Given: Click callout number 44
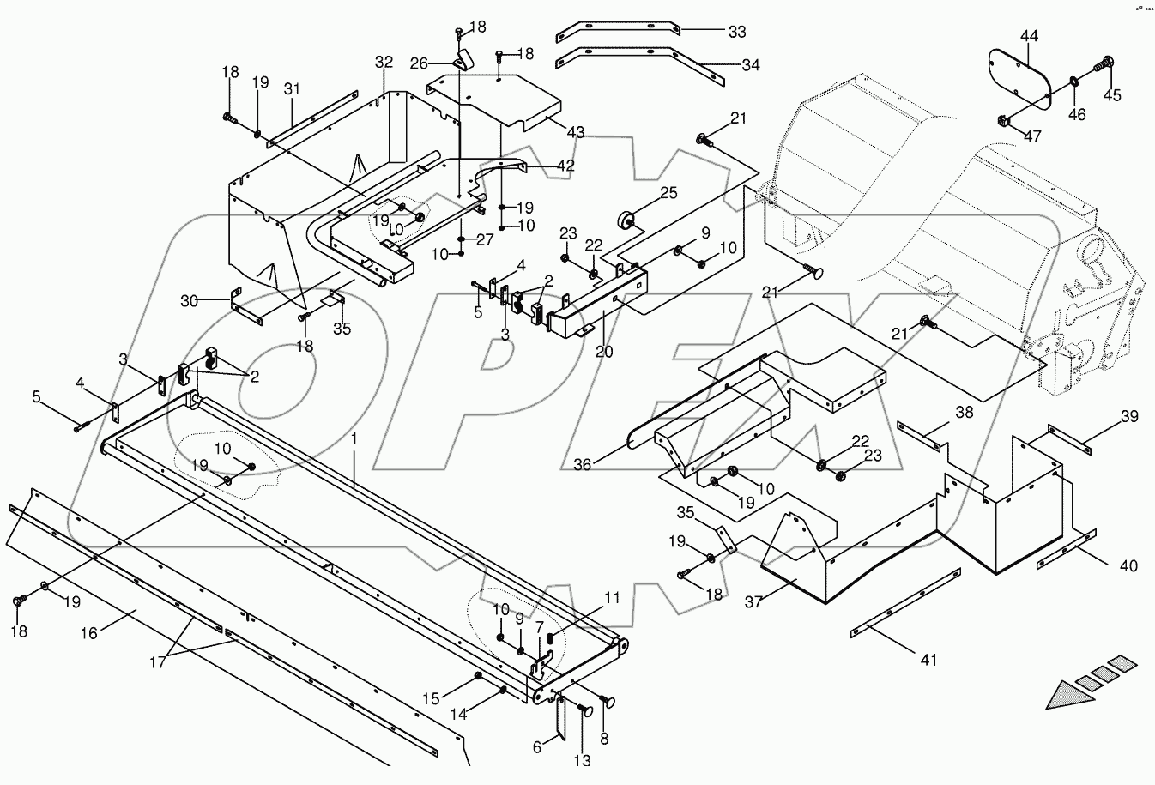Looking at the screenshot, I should pyautogui.click(x=1029, y=35).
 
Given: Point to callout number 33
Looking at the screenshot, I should pyautogui.click(x=737, y=32).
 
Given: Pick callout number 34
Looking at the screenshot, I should pyautogui.click(x=749, y=65).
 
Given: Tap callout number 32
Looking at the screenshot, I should pyautogui.click(x=383, y=63).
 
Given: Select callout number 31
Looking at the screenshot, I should pyautogui.click(x=293, y=88).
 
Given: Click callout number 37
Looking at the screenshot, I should pyautogui.click(x=753, y=602).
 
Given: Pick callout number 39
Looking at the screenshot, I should pyautogui.click(x=1129, y=417).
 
